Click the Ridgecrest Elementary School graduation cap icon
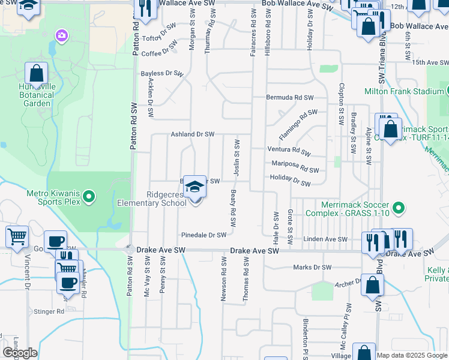tap(194, 186)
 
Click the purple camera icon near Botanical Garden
tap(61, 36)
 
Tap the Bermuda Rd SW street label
tap(291, 97)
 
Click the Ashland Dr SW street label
tap(193, 134)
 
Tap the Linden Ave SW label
tap(325, 239)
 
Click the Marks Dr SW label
tap(312, 267)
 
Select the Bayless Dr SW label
tap(161, 73)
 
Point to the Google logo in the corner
tap(20, 353)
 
